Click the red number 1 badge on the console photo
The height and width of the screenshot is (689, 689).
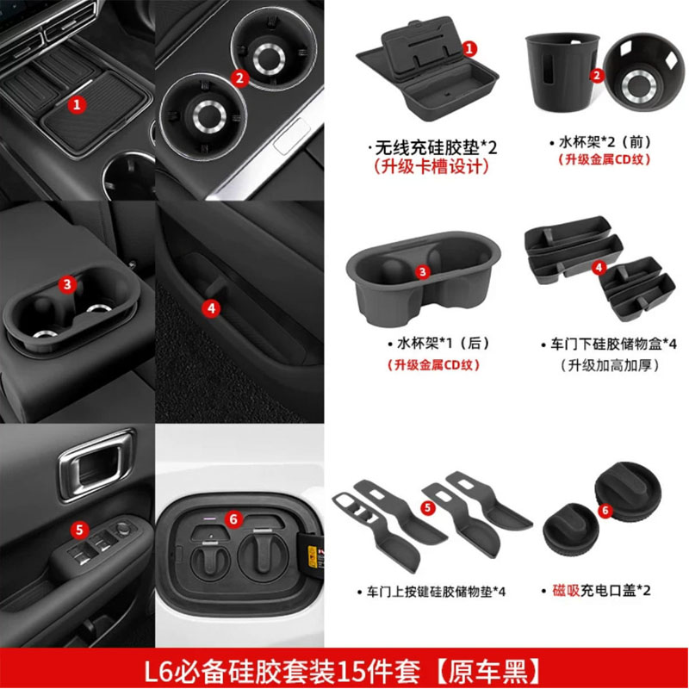coord(78,104)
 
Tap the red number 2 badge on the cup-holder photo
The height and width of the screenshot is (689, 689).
coord(240,77)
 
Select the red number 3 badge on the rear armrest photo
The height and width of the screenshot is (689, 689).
coord(69,283)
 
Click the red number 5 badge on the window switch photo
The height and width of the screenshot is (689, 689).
coord(78,530)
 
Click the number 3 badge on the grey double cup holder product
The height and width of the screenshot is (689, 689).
coord(422,271)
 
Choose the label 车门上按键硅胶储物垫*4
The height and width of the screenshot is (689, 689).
coord(431,592)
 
